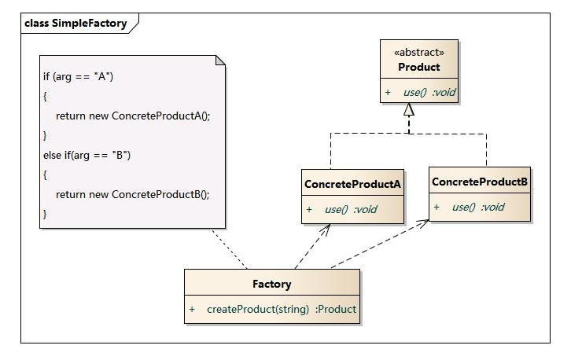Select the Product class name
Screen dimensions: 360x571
419,67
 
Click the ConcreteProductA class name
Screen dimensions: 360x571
353,184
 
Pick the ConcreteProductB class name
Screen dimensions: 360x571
480,182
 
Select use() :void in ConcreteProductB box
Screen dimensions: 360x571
478,208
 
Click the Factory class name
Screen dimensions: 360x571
272,284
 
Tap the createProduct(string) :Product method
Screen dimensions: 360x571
282,309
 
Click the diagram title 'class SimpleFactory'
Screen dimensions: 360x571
76,24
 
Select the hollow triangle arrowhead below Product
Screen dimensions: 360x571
408,111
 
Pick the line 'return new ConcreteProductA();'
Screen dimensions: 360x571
133,116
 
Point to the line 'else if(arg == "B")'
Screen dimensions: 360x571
87,155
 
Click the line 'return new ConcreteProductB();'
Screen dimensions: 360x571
133,193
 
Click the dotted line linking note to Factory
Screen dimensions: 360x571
230,248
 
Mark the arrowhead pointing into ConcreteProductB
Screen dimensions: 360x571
425,223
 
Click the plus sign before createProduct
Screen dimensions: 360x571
192,309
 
